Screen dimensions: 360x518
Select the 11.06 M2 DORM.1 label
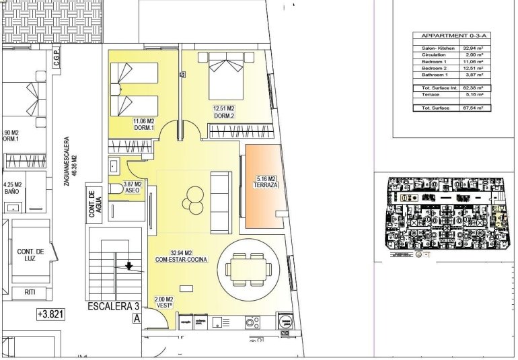(x=144, y=125)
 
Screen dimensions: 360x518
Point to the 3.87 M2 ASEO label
(x=132, y=187)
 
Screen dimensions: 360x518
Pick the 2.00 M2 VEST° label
(x=164, y=302)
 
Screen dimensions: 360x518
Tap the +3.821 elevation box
(x=51, y=314)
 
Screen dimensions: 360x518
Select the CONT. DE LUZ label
(x=31, y=254)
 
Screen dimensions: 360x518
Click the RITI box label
(x=30, y=292)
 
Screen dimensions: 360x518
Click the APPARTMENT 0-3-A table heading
(x=451, y=36)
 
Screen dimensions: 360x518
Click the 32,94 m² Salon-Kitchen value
(x=475, y=48)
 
